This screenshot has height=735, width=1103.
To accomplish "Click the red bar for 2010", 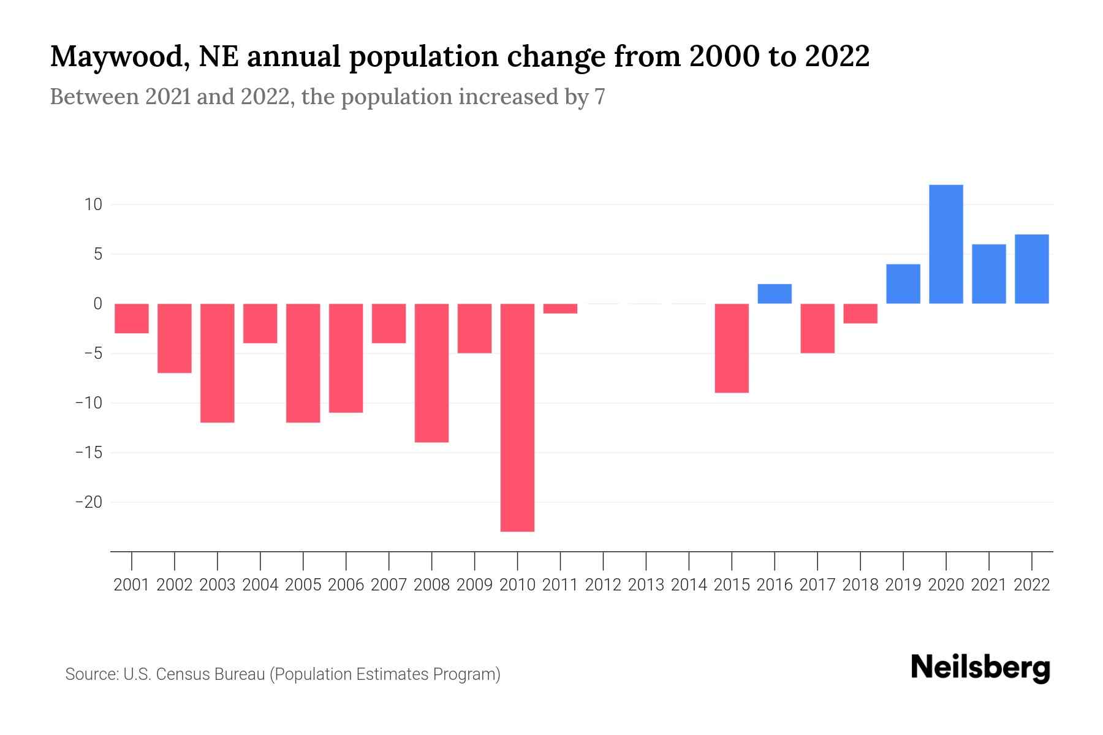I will tap(517, 417).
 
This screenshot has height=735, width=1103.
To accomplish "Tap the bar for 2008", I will tap(431, 372).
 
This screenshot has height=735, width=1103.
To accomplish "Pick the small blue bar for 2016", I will tap(775, 294).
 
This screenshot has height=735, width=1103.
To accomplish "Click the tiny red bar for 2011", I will tap(560, 308).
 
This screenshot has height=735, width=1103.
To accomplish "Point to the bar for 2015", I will tap(732, 348).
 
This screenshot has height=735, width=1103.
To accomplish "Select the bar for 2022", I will tap(1031, 269).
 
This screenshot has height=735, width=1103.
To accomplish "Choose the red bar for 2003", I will tap(218, 363).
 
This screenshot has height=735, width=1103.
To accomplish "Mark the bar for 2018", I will tap(860, 313).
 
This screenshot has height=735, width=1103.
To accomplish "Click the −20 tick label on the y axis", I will tap(88, 502).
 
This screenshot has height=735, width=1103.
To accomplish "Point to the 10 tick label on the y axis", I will tap(93, 205).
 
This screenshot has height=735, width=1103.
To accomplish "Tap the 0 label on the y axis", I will tap(97, 304).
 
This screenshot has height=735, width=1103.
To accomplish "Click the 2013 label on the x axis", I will tap(646, 585).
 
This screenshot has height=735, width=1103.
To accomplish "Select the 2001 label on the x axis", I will tap(132, 585).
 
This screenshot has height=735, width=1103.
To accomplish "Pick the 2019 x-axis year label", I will tap(903, 585).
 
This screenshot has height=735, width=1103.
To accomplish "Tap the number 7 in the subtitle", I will tap(599, 97).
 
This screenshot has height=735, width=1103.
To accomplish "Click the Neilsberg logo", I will tap(980, 668).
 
